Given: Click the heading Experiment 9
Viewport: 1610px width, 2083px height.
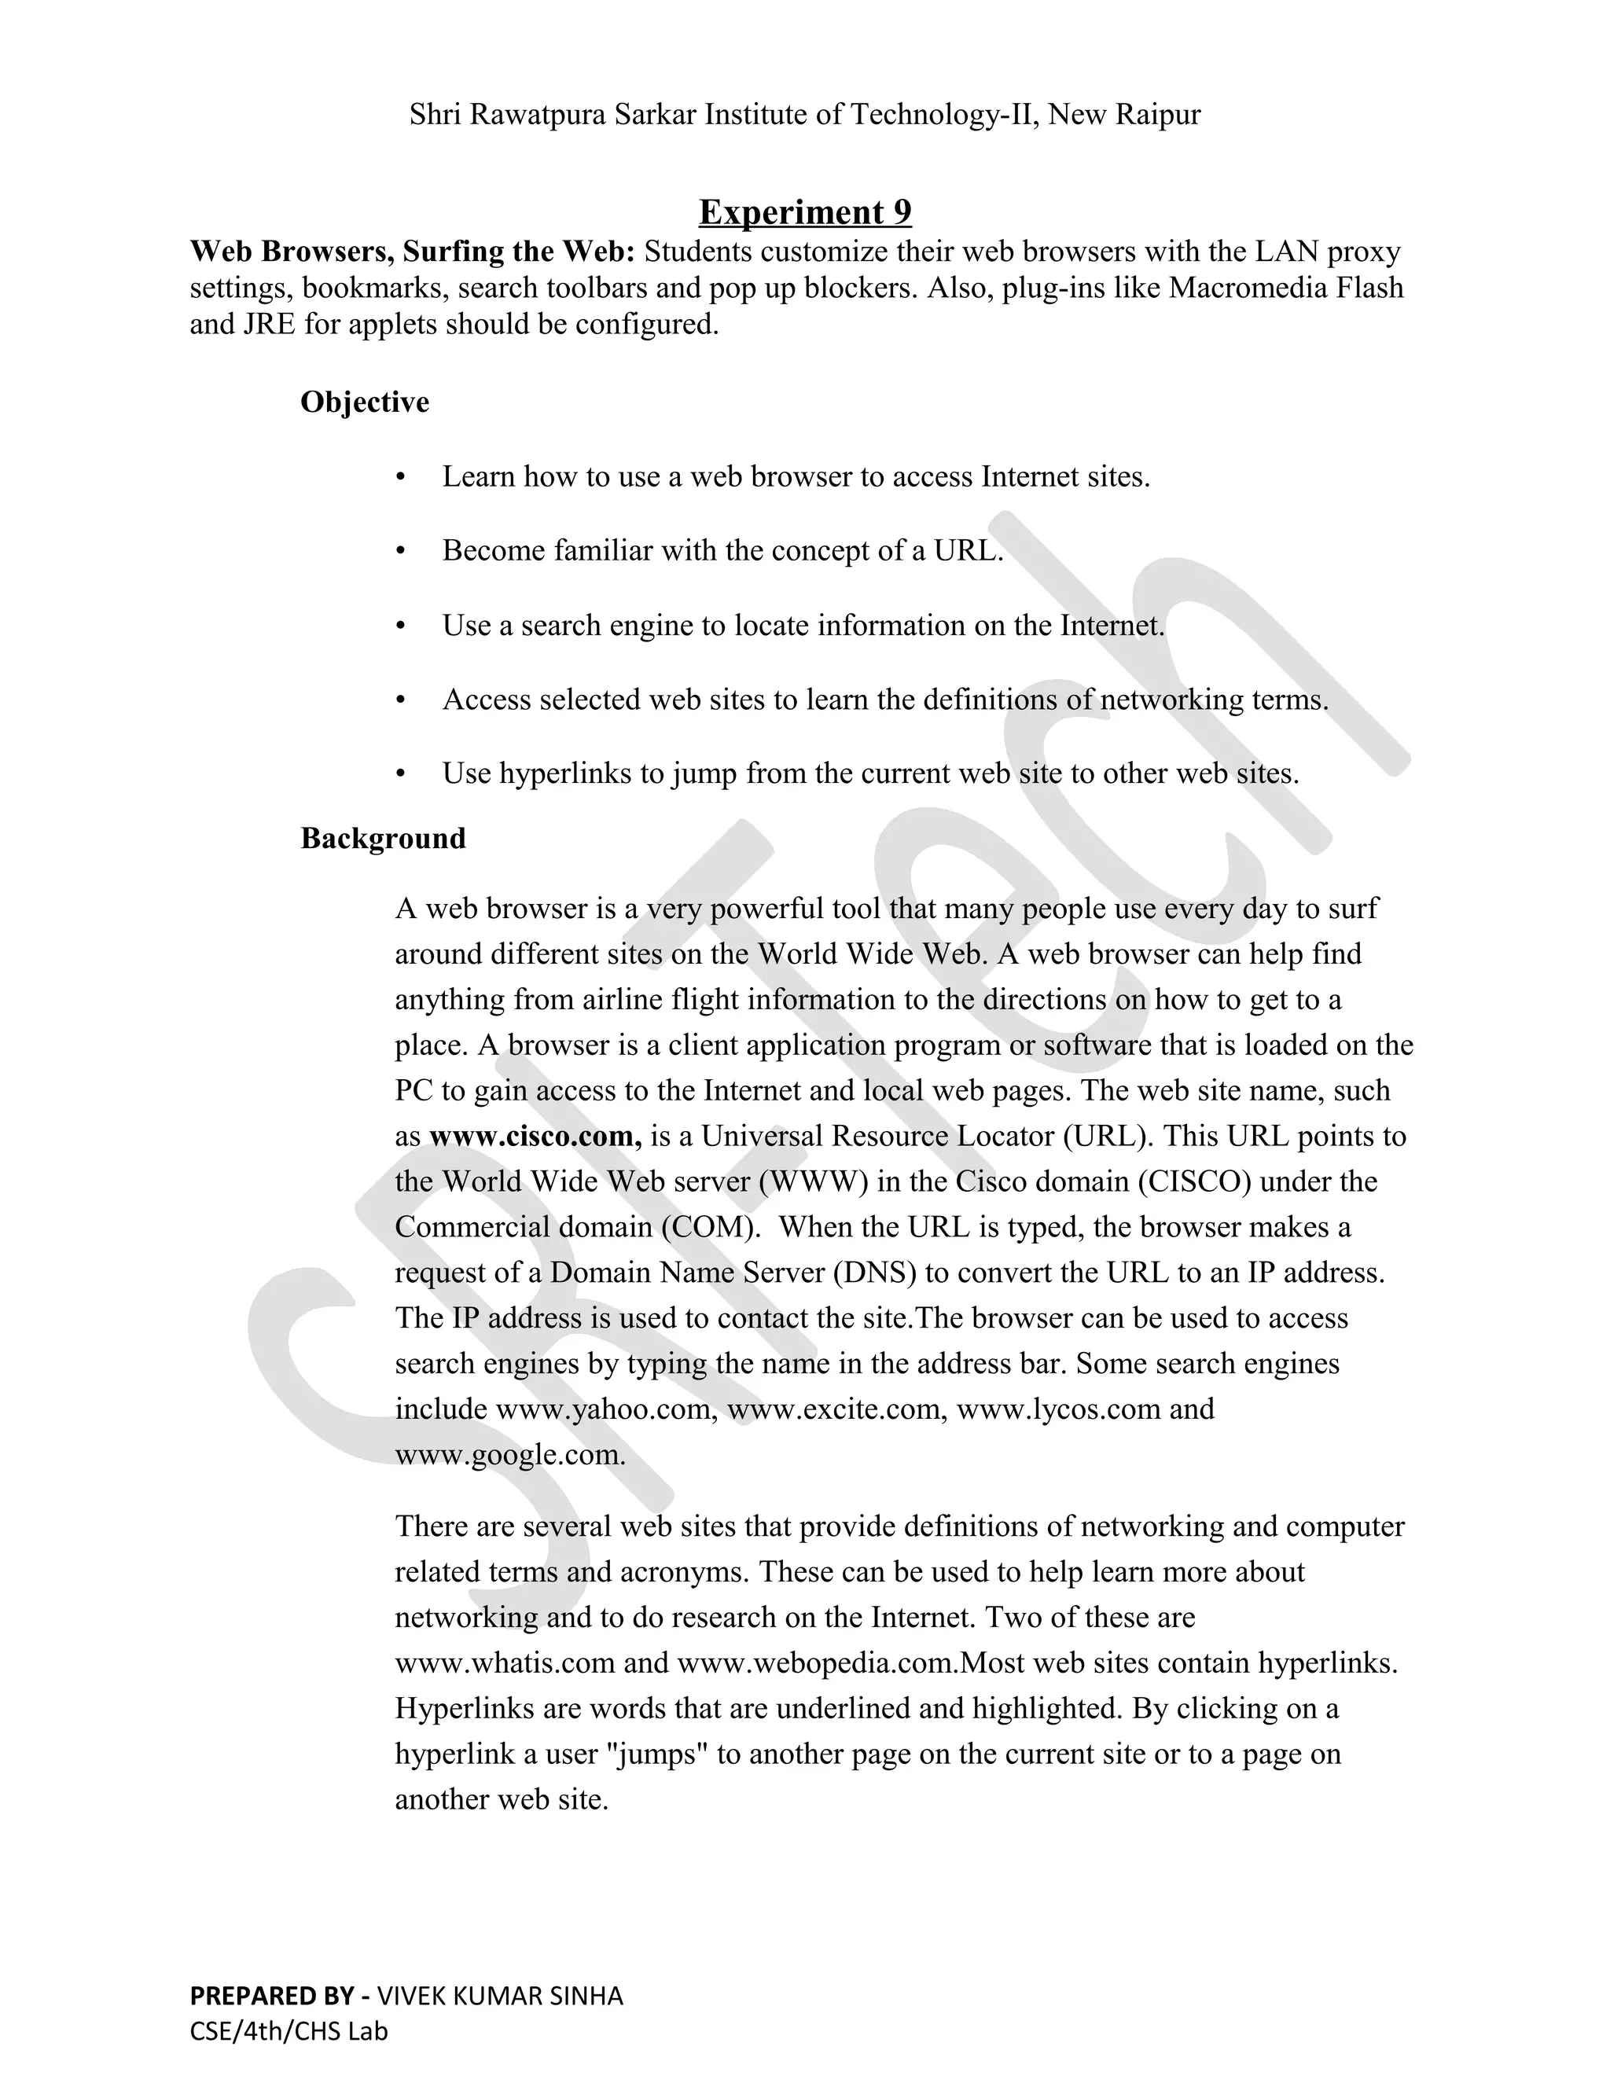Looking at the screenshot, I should (804, 211).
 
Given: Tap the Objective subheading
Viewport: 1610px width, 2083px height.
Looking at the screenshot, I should (364, 402).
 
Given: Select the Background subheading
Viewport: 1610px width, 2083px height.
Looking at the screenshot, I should (383, 839).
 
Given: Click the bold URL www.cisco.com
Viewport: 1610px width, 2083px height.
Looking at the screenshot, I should (534, 1136).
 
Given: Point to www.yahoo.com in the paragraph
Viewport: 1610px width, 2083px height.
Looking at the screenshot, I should (605, 1409).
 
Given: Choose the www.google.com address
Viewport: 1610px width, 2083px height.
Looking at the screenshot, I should (509, 1454).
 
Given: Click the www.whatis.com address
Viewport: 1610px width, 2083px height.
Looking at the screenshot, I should (505, 1662).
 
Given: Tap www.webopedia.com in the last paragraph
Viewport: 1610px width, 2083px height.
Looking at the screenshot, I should (815, 1662).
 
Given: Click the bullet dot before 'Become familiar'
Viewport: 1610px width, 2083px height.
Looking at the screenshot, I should (401, 551).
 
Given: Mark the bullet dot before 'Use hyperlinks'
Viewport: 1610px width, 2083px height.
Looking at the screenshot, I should (401, 773).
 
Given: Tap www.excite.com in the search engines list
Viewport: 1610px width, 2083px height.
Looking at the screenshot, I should (833, 1409).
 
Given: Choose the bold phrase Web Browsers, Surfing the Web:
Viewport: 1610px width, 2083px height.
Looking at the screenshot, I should (412, 252).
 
